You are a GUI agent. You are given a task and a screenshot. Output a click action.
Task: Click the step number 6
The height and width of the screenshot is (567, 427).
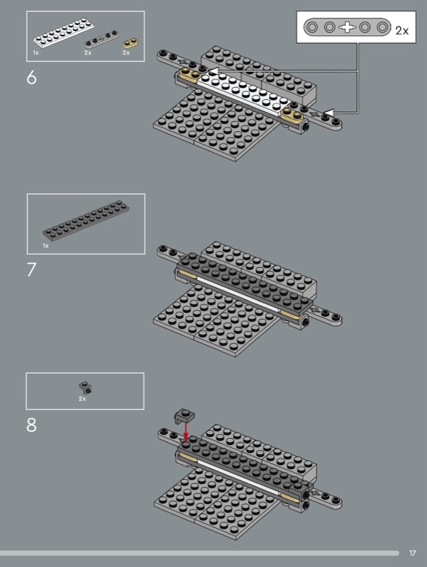point(31,77)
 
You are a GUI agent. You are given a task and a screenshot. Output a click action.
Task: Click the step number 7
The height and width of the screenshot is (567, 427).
point(31,269)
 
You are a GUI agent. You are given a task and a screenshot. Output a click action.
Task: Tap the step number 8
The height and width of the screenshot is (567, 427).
point(31,425)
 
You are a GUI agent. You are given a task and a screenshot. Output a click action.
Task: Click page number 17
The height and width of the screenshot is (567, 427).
point(413,553)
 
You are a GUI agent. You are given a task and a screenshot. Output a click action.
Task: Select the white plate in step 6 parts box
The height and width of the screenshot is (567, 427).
point(64,33)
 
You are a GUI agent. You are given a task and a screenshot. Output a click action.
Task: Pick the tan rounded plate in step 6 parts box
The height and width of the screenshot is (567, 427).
point(131,43)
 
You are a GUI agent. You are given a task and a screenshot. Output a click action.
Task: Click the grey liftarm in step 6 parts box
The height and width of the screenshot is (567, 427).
point(101,39)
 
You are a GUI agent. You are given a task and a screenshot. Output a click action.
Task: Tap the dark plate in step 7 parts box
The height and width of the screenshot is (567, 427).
point(86,220)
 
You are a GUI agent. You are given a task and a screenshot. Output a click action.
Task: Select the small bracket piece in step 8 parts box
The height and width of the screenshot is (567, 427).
point(85,388)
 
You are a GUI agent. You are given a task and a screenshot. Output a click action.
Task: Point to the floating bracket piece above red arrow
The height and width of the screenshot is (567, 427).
point(184,416)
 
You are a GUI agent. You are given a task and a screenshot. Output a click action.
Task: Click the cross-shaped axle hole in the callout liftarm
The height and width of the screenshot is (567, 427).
point(347,27)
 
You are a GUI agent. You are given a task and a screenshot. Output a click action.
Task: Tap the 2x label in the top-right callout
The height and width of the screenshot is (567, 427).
point(401,30)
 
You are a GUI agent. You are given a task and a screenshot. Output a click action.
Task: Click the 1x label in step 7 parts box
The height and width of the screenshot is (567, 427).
point(45,245)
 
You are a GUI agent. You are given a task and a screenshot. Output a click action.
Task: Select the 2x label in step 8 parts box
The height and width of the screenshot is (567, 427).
point(82,398)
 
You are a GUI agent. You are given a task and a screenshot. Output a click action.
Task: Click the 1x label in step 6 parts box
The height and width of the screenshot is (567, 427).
point(36,52)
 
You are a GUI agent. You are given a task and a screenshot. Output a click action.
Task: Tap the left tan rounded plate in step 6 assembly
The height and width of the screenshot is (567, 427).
point(189,76)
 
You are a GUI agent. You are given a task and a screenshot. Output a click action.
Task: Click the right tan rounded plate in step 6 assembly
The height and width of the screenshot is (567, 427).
point(292,116)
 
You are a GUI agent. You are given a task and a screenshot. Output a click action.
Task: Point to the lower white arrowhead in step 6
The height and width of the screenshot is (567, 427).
point(328,113)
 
